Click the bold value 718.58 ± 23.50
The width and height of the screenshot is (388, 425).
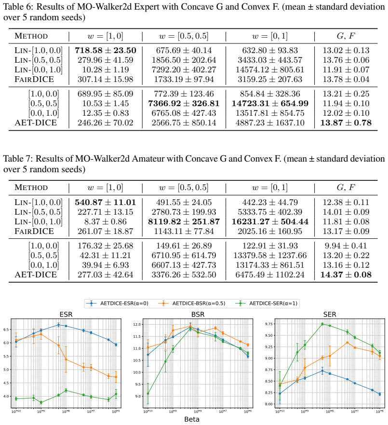(x=106, y=51)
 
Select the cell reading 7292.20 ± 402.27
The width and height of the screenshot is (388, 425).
(x=184, y=69)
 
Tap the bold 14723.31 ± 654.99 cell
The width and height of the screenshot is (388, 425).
(x=270, y=104)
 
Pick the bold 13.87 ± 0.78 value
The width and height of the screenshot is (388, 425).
(x=346, y=123)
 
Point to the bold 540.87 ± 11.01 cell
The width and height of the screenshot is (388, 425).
(x=106, y=203)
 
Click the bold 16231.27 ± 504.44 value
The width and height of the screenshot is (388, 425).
(x=270, y=222)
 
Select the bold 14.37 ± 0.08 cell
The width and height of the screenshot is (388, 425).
(x=346, y=274)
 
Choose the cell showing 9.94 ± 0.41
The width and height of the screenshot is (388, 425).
(x=346, y=246)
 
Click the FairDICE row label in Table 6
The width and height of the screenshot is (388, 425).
(x=34, y=80)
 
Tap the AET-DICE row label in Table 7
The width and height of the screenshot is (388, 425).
(x=36, y=274)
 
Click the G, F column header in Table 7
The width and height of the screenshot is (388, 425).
(x=346, y=187)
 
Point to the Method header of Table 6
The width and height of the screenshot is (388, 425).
(x=31, y=36)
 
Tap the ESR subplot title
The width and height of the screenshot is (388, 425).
(x=66, y=315)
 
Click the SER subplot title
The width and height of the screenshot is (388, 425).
(x=330, y=315)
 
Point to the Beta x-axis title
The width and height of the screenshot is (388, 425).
(x=192, y=419)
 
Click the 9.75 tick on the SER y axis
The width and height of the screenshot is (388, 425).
(x=271, y=324)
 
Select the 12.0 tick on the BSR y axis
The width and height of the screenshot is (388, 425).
(x=137, y=325)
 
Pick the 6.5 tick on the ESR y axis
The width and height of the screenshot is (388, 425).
(x=6, y=329)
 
